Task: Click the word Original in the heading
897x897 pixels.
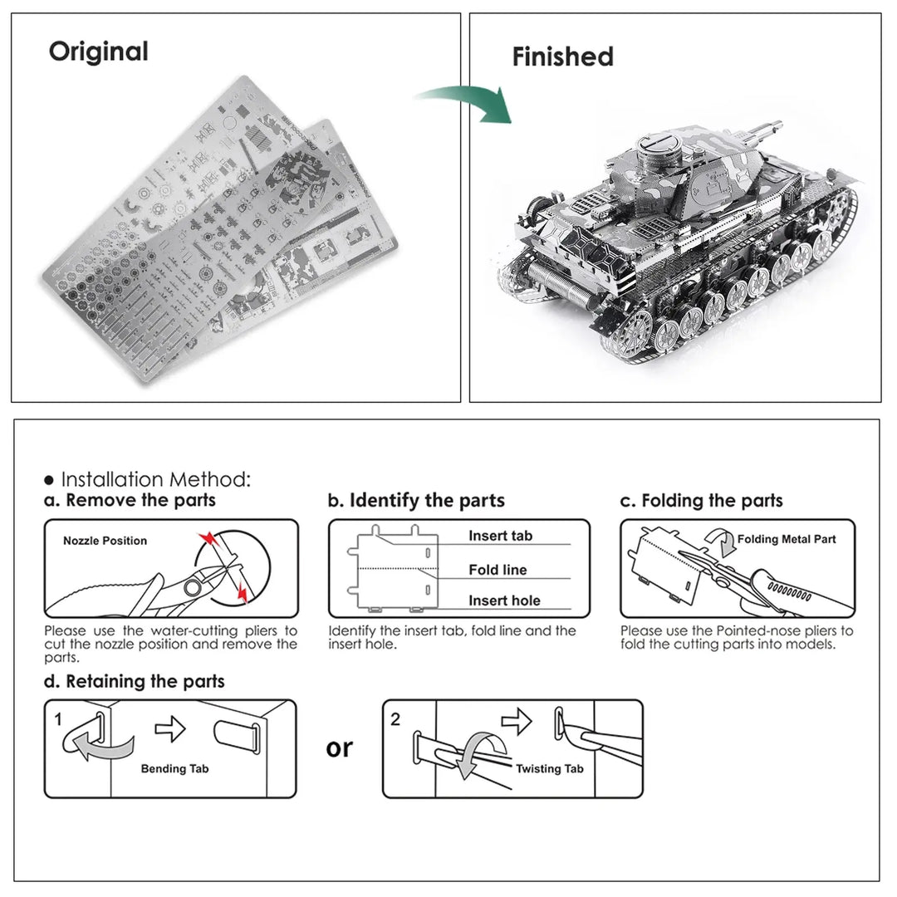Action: tap(98, 51)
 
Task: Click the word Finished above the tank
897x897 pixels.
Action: tap(562, 56)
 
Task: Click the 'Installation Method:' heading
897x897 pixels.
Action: tap(154, 479)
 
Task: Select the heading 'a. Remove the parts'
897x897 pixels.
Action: tap(130, 500)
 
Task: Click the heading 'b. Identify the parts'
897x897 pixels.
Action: tap(416, 500)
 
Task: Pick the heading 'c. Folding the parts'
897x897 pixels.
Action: tap(702, 500)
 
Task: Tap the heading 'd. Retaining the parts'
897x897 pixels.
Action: tap(135, 681)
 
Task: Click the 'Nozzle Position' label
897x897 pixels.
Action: tap(105, 541)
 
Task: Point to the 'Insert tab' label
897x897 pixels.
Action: tap(500, 536)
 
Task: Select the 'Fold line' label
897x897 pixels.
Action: tap(498, 570)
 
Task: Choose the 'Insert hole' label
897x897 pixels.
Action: tap(504, 600)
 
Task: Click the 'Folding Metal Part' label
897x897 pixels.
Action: tap(786, 539)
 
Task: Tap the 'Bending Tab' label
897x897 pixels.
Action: tap(174, 768)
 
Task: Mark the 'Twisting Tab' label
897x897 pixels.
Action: tap(549, 768)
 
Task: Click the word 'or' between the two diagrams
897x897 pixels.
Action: tap(339, 747)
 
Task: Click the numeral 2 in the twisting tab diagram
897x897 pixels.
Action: tap(395, 719)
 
